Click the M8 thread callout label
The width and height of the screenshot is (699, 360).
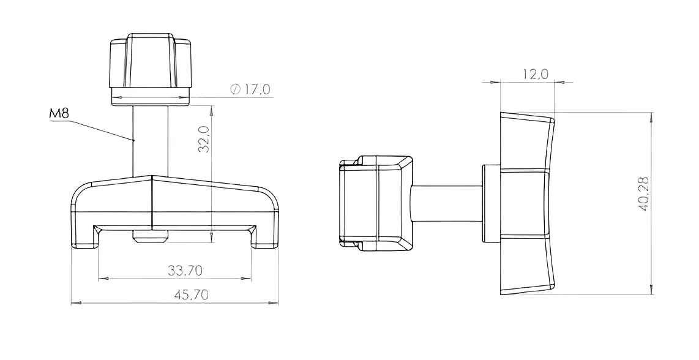click(x=59, y=114)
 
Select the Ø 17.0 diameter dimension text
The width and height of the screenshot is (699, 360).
click(x=250, y=89)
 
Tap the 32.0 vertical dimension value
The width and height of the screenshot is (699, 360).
click(x=204, y=139)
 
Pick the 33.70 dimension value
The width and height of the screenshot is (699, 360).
click(x=185, y=270)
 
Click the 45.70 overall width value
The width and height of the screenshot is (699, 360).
click(x=191, y=294)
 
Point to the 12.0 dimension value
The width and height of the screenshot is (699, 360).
click(x=536, y=74)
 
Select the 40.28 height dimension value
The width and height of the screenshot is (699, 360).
click(x=644, y=194)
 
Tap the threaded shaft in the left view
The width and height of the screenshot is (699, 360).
click(x=151, y=141)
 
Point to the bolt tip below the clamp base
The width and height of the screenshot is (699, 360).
click(x=150, y=236)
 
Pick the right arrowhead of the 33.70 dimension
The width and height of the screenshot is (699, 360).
click(x=245, y=279)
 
